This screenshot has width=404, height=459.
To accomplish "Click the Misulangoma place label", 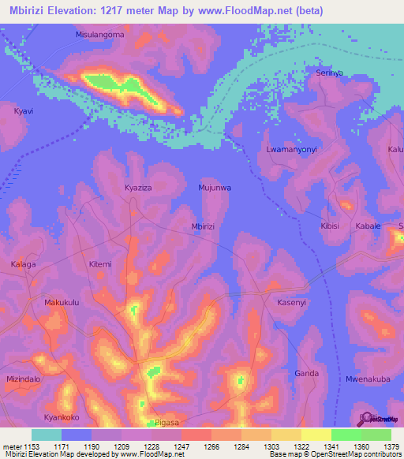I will click(100, 35).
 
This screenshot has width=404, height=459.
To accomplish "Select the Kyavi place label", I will click(24, 112).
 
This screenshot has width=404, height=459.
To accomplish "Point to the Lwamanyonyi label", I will click(290, 149).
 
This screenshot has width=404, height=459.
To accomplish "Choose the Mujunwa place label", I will click(214, 188).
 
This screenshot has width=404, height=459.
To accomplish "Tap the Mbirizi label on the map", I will click(204, 226).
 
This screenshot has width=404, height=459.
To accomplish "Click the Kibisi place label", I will click(331, 226).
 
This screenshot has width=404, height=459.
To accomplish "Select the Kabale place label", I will click(368, 226).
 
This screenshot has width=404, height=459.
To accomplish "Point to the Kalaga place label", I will click(23, 264).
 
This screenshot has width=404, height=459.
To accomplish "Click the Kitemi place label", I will click(100, 264).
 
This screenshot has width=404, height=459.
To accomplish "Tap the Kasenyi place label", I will click(291, 303).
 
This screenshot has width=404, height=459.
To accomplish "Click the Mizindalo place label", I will click(23, 379).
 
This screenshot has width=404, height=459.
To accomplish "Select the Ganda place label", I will click(306, 373).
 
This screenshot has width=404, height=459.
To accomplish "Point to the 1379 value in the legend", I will click(391, 446).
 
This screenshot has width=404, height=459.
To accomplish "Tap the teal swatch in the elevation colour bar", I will click(47, 435).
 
